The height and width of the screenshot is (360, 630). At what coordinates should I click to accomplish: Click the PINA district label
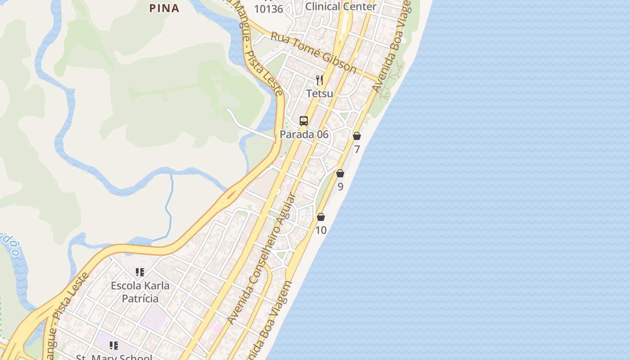[x=164, y=8]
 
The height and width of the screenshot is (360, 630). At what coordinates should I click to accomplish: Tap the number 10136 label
[x=269, y=9]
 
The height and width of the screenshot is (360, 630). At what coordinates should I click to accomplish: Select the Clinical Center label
[x=341, y=6]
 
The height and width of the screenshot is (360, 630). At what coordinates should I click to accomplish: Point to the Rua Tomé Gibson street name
[x=313, y=52]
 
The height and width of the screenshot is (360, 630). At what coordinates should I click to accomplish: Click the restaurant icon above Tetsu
[x=319, y=81]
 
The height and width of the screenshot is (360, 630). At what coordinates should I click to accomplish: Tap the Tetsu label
[x=319, y=94]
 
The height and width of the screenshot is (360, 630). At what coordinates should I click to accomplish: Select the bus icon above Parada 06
[x=304, y=121]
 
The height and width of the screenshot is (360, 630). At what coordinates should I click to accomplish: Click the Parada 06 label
[x=304, y=135]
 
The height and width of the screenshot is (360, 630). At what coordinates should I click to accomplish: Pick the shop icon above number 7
[x=357, y=136]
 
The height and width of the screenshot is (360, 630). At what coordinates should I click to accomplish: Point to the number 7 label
[x=357, y=149]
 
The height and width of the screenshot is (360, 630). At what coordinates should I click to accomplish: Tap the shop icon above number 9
[x=340, y=173]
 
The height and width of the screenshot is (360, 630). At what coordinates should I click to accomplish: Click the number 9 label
[x=340, y=187]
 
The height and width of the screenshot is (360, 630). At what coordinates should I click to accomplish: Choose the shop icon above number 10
[x=321, y=217]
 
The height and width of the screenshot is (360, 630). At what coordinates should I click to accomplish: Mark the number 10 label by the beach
[x=321, y=230]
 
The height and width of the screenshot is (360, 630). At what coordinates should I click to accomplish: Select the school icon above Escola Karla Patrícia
[x=140, y=272]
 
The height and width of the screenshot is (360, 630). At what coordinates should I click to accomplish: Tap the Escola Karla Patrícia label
[x=140, y=292]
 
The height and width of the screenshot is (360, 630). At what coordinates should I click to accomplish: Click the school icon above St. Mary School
[x=114, y=346]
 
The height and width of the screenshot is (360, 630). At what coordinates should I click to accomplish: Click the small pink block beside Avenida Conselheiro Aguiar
[x=217, y=329]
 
